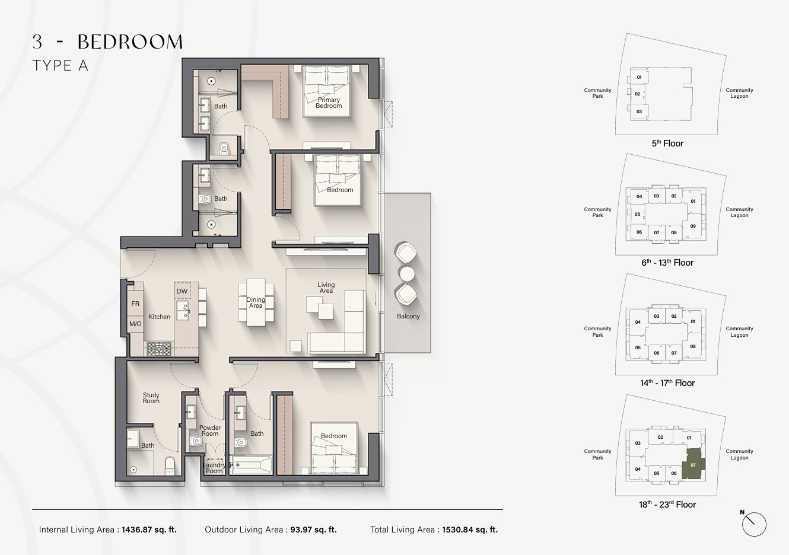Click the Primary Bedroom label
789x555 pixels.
[x=329, y=103]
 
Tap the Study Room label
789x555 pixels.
[x=151, y=398]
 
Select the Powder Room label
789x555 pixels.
[x=210, y=430]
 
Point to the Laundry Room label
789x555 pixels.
[x=214, y=468]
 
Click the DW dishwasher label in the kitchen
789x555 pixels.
[x=182, y=291]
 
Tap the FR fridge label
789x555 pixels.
[x=135, y=304]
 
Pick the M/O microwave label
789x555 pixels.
[x=135, y=324]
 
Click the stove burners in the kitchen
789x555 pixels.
[x=159, y=349]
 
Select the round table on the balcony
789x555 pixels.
[x=407, y=273]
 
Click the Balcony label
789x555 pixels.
[x=408, y=316]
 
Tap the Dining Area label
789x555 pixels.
[x=256, y=302]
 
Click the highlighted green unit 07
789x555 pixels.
[x=693, y=464]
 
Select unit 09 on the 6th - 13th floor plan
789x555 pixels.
[x=693, y=226]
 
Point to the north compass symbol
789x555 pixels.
[x=754, y=524]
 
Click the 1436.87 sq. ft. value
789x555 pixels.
[x=149, y=530]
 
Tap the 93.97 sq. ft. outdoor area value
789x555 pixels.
[x=313, y=530]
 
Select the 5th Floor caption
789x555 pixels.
[x=667, y=143]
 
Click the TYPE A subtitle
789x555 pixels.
[x=61, y=66]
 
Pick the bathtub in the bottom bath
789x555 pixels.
[x=251, y=465]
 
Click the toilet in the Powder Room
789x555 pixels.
[x=196, y=441]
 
